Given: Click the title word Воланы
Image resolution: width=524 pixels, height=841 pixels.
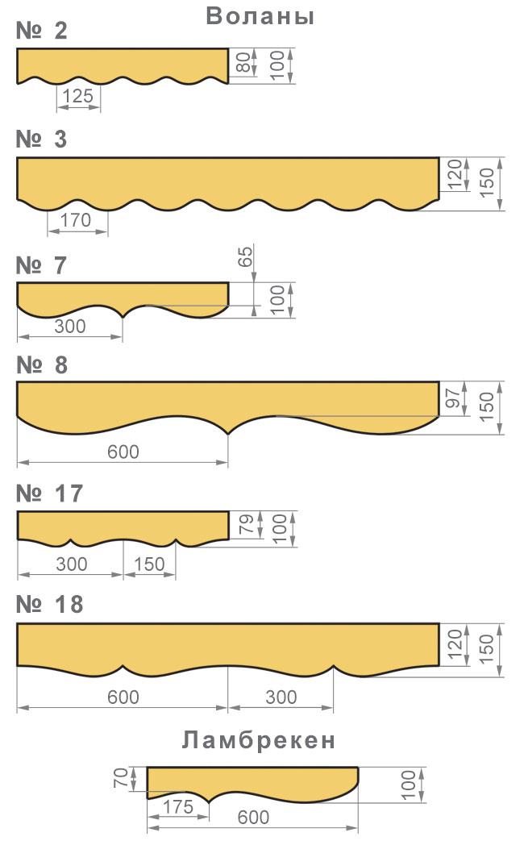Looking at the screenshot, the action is pyautogui.click(x=260, y=16).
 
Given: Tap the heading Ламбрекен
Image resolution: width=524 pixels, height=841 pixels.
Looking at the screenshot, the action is pyautogui.click(x=259, y=740).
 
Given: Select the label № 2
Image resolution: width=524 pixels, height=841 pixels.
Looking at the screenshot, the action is pyautogui.click(x=41, y=31).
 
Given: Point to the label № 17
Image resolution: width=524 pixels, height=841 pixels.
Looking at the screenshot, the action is pyautogui.click(x=49, y=493).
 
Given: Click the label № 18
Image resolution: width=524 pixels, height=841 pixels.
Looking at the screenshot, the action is pyautogui.click(x=49, y=604).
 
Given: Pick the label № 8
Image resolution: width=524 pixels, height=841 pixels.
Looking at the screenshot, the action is pyautogui.click(x=42, y=364).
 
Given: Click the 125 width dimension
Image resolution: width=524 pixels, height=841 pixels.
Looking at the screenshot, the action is pyautogui.click(x=78, y=96).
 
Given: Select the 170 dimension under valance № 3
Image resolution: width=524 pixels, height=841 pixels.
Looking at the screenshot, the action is pyautogui.click(x=76, y=219).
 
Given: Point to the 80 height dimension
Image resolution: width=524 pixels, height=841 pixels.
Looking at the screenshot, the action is pyautogui.click(x=244, y=61).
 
